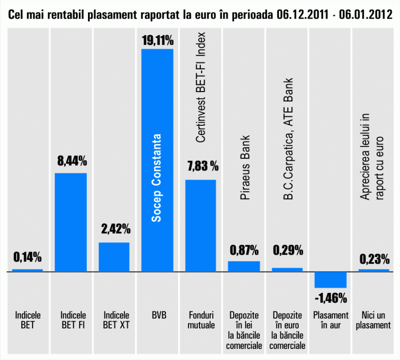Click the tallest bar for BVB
[157, 89]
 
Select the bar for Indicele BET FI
[70, 222]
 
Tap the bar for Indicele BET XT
[114, 256]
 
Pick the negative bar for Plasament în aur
[330, 280]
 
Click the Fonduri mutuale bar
[200, 225]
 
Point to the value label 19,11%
[157, 41]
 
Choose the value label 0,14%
[27, 256]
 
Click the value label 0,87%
[244, 250]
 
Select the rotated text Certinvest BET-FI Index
[201, 87]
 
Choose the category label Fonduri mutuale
[200, 320]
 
